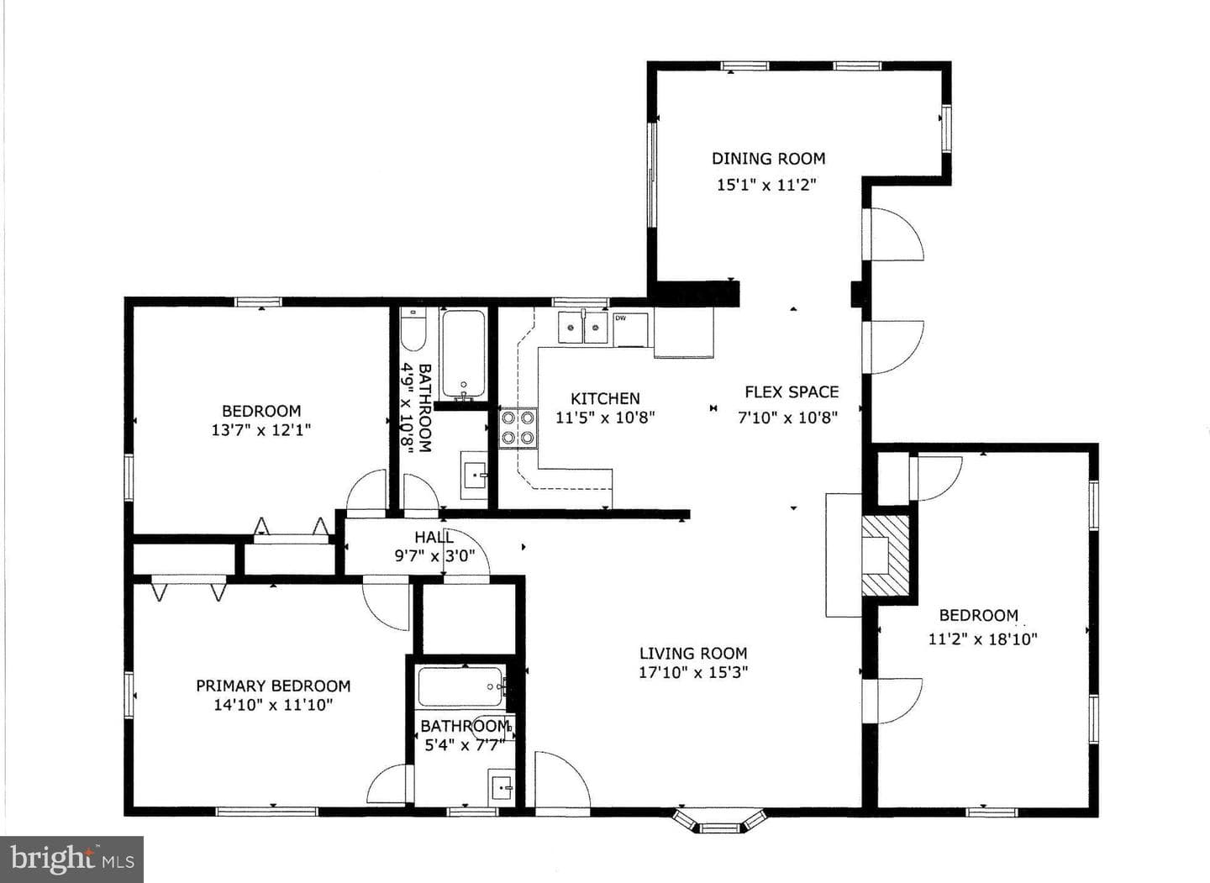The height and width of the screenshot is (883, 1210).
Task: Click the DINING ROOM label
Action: point(768,159)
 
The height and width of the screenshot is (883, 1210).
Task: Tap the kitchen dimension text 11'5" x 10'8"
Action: point(606,417)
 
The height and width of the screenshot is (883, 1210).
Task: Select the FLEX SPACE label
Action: point(792,392)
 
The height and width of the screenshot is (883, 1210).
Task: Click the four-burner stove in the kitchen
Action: point(518,428)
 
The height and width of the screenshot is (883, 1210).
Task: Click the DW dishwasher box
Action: point(630,328)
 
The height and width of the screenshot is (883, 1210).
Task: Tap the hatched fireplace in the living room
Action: point(886,555)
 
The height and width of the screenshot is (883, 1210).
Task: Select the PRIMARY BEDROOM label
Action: point(273,686)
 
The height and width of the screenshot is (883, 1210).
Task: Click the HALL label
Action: point(434,537)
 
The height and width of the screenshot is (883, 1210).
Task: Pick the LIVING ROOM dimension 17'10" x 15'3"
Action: point(693,672)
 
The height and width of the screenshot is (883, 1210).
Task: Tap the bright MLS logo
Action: point(72,859)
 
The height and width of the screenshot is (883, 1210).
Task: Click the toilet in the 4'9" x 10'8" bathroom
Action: point(413,329)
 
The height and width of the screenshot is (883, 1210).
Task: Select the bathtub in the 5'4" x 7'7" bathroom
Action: point(460,686)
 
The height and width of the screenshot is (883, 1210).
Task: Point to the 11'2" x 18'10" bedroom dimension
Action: point(983,639)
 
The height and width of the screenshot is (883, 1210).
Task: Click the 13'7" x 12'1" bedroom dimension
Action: point(261,430)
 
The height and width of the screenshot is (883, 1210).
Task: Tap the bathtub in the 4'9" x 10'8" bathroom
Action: point(463,354)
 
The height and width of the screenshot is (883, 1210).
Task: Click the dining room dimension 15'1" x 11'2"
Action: point(766,185)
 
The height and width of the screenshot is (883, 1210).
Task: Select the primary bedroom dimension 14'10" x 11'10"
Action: point(273,705)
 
